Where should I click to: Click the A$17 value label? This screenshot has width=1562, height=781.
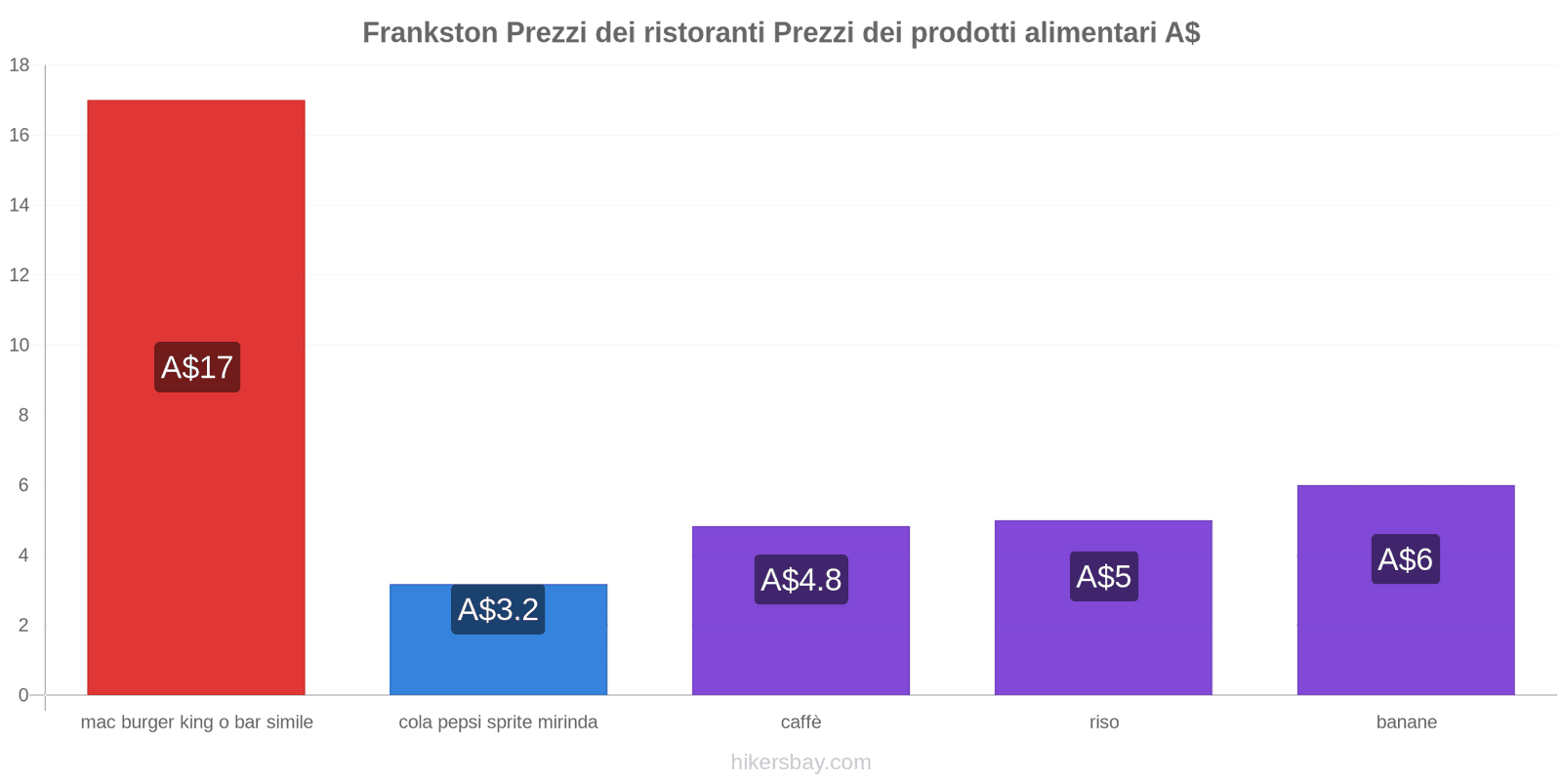point(197,367)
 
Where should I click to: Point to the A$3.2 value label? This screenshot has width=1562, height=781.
point(498,609)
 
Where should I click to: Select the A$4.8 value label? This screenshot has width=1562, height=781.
point(801,580)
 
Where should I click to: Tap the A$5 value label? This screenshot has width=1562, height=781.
point(1103,576)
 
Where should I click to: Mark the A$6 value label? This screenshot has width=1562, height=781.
point(1405,559)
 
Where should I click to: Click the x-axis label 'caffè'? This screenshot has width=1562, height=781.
point(801,722)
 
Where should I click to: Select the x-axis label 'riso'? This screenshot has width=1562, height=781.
point(1104,722)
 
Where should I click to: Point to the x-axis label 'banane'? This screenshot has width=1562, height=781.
point(1406,722)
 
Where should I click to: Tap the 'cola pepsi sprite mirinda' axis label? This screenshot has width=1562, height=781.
point(498,722)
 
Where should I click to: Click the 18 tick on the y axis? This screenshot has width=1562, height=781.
point(20,65)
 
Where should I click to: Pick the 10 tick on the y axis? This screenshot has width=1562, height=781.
point(20,346)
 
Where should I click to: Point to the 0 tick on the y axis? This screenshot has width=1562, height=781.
point(23,695)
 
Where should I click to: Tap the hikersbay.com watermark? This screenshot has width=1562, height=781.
point(801,762)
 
